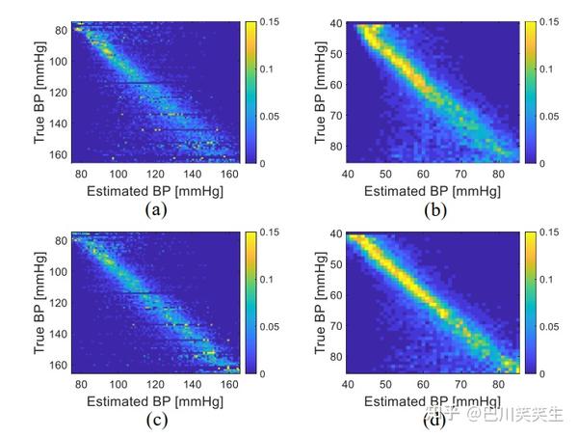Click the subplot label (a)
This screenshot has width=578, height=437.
tap(153, 208)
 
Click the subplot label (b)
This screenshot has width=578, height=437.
tap(434, 208)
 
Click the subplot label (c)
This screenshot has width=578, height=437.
tap(153, 420)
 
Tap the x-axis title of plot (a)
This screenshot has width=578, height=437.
tap(153, 191)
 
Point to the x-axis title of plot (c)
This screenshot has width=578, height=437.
tap(153, 400)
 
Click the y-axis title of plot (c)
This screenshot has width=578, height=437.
tap(39, 301)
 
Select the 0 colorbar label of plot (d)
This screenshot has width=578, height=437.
tap(546, 373)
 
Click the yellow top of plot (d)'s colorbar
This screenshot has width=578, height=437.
tap(530, 237)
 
